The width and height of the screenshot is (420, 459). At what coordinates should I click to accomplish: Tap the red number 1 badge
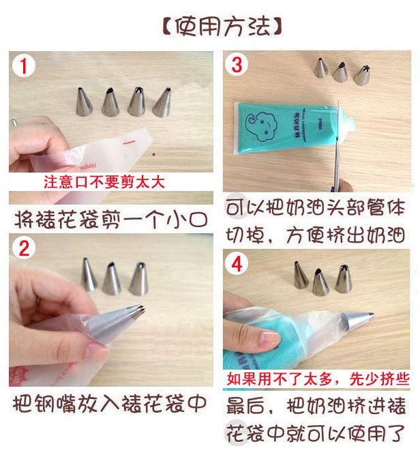tap(25, 67)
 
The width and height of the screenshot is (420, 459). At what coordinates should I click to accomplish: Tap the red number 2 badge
tap(25, 248)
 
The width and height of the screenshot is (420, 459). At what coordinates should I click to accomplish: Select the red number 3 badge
tap(237, 65)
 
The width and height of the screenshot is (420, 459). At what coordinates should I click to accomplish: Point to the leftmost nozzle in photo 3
tap(320, 68)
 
